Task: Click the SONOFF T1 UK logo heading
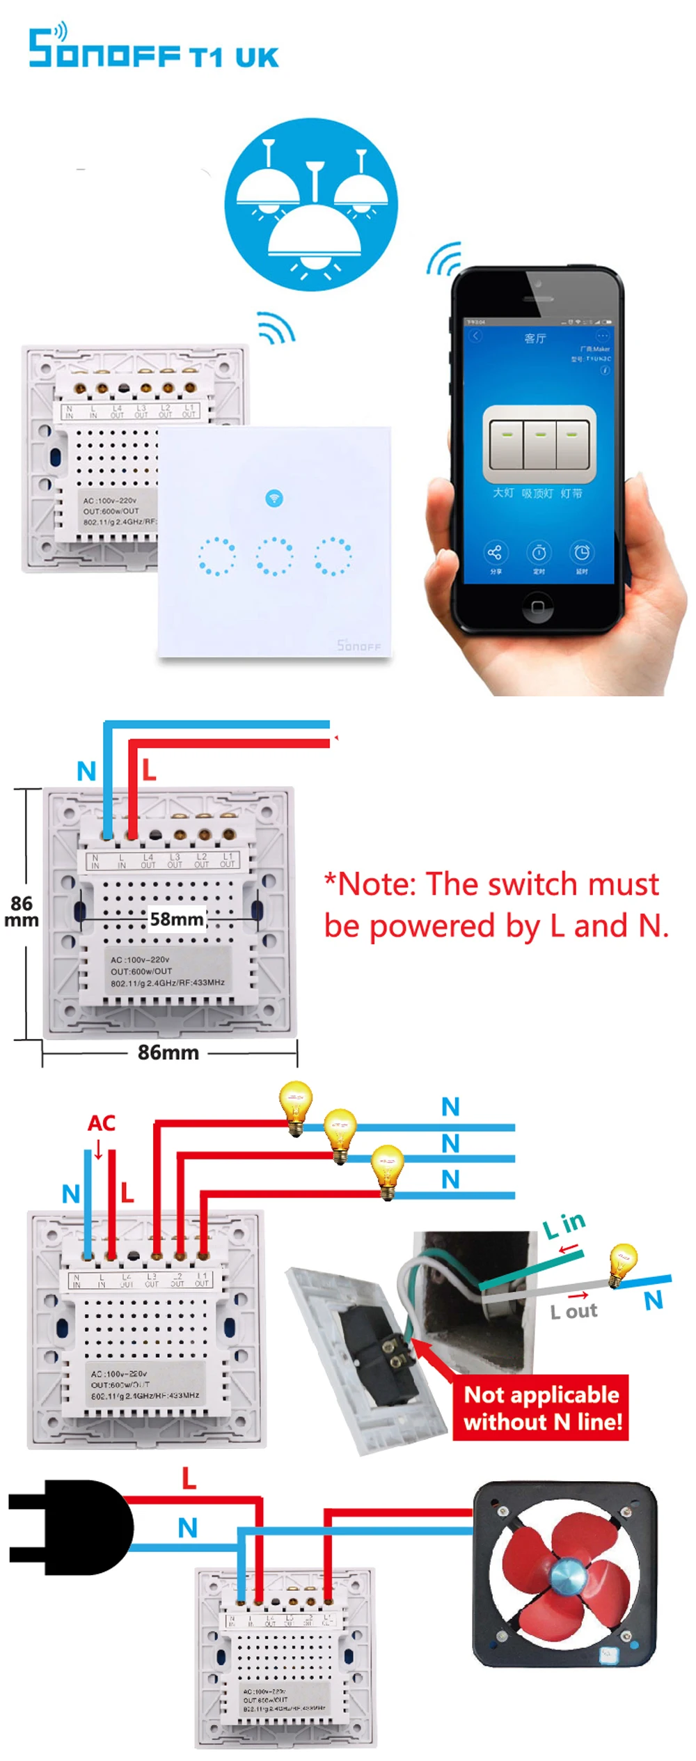153,49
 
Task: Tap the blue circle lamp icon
311,204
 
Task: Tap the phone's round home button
537,606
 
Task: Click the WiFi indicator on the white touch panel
274,498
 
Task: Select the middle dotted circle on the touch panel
274,556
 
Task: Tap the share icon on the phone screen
495,553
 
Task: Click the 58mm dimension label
177,919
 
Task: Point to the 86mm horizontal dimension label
168,1052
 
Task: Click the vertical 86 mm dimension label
22,911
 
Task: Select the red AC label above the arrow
102,1123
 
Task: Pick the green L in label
564,1225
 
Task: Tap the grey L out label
574,1312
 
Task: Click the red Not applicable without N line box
542,1408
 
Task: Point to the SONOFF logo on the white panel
359,645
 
